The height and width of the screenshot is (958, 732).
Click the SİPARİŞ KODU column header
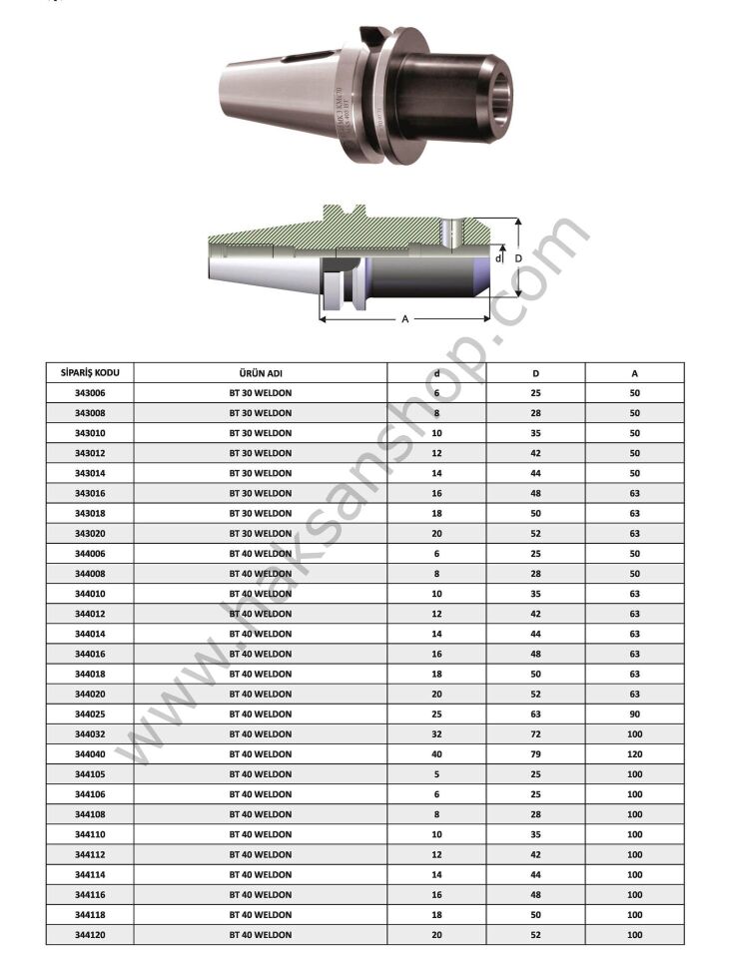90,372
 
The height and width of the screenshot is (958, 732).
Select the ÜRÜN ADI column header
261,373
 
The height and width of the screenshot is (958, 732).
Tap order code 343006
90,393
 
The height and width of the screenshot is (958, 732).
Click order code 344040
90,754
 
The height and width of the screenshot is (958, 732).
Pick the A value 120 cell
635,754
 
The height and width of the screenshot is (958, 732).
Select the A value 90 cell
635,714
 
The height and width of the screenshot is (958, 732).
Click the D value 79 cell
535,754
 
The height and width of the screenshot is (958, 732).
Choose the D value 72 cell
535,733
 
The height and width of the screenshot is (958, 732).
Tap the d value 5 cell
436,774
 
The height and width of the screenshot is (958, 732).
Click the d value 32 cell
436,733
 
